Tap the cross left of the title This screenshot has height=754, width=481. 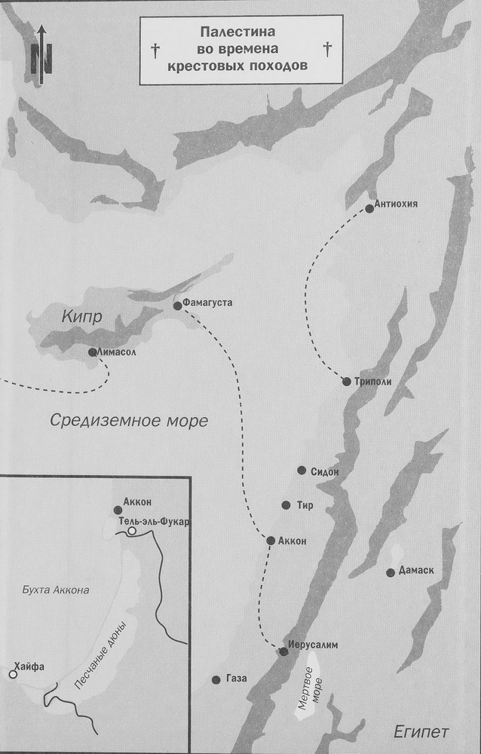click(155, 51)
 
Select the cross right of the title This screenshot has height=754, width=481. click(327, 51)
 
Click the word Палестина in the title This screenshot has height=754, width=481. click(240, 32)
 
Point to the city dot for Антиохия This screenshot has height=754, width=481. click(369, 208)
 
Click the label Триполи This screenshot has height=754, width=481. click(372, 382)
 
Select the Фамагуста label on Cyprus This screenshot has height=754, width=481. click(208, 303)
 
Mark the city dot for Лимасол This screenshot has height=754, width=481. click(92, 352)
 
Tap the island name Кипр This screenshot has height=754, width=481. click(67, 317)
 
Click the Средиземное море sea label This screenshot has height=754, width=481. click(129, 421)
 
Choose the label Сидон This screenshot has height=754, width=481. click(323, 471)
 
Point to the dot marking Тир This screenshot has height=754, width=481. click(286, 505)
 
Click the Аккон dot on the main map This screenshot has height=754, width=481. click(271, 540)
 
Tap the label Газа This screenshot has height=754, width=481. click(236, 679)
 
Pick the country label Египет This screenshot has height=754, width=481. click(421, 731)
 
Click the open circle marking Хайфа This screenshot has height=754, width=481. click(13, 673)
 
